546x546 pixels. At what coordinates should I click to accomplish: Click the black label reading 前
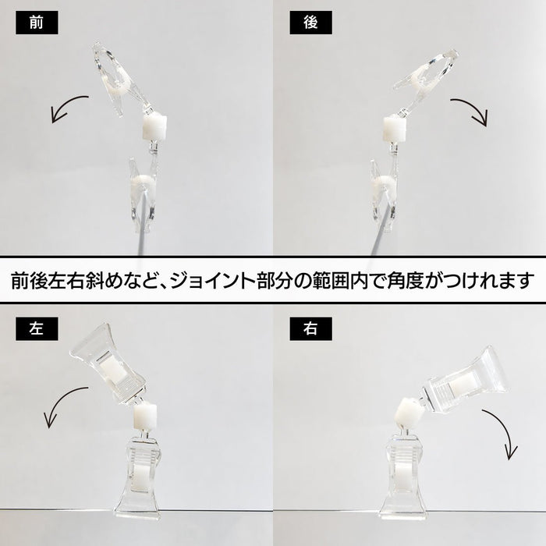click(37, 23)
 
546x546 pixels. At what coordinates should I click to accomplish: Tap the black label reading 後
click(310, 23)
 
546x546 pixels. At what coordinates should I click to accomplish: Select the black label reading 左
click(37, 328)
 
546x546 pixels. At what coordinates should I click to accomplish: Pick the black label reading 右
click(310, 328)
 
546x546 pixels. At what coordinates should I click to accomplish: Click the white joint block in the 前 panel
click(154, 127)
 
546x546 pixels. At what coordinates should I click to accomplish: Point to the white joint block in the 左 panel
click(145, 416)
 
